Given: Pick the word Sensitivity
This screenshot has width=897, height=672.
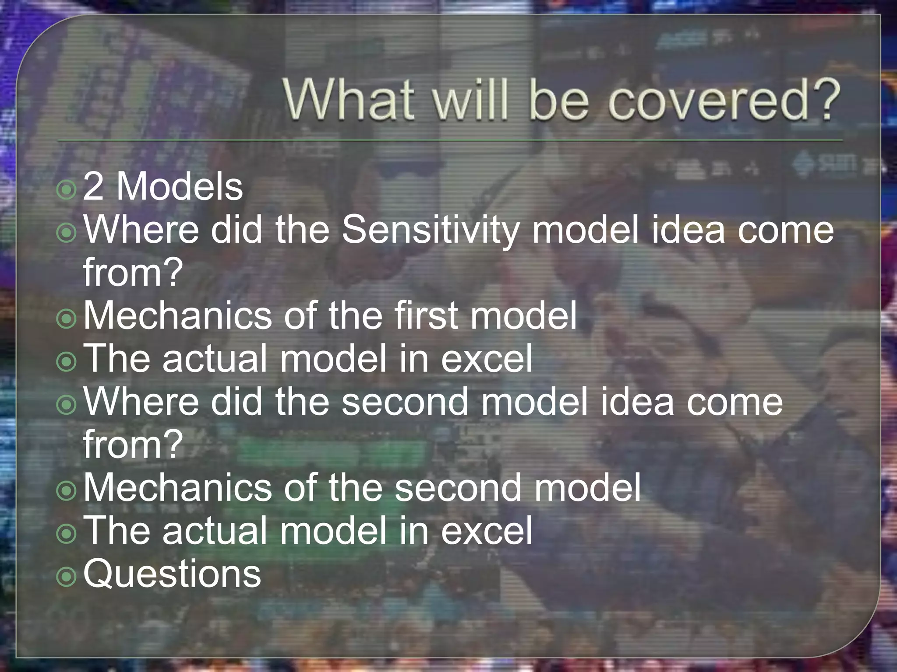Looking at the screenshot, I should [x=429, y=231].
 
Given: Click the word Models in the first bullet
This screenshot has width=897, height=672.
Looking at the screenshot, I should [x=180, y=187].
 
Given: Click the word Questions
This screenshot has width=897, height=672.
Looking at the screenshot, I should [x=172, y=574].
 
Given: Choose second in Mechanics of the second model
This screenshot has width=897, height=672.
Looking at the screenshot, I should [x=458, y=488].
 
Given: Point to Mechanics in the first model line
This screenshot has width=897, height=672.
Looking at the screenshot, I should [x=177, y=316].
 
